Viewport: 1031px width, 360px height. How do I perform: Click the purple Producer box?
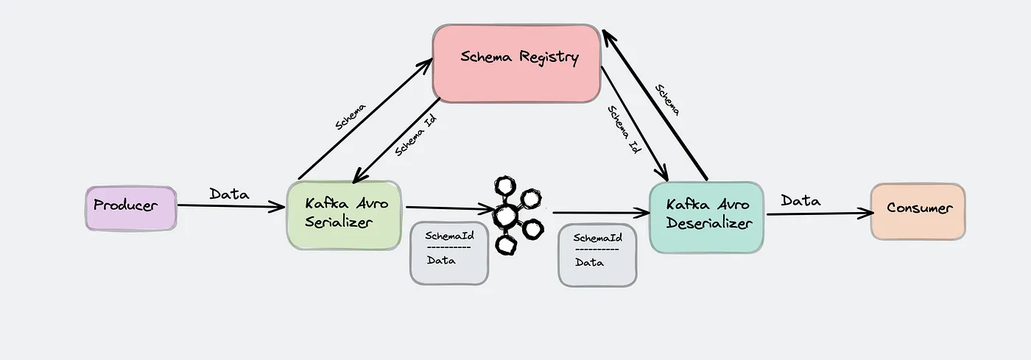[130, 208]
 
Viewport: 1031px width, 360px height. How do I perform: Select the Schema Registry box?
[516, 63]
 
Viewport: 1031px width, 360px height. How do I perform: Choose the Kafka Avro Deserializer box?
[706, 217]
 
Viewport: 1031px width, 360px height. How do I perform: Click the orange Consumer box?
[918, 211]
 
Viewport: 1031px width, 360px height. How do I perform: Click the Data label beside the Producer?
[229, 194]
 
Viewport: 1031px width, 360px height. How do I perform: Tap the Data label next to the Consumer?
[800, 200]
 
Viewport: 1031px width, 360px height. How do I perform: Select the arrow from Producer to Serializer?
[231, 207]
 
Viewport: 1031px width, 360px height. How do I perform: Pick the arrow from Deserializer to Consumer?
[817, 214]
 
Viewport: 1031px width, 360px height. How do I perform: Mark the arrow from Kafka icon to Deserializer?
[600, 213]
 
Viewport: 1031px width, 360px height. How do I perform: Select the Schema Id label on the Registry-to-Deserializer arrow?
[624, 128]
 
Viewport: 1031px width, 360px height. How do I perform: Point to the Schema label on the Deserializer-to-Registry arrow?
[667, 99]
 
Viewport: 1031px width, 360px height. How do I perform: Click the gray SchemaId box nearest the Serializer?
[449, 253]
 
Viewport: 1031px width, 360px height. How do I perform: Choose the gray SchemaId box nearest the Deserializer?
[597, 255]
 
